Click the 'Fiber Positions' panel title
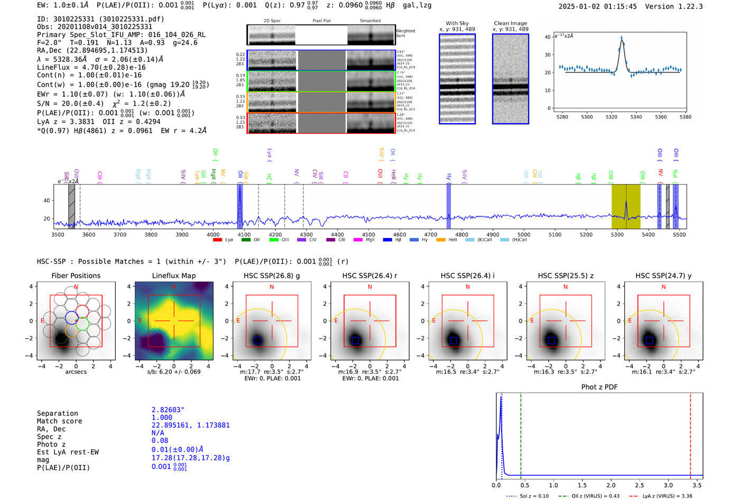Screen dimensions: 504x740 76,276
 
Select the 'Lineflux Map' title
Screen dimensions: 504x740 173,276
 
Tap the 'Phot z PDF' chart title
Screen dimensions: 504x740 599,387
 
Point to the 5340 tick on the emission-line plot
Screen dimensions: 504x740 636,117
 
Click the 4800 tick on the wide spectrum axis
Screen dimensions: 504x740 461,234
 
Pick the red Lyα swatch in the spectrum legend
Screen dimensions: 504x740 217,240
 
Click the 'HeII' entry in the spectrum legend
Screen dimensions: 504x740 452,240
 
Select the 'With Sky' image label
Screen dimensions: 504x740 457,23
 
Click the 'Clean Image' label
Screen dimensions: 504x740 510,23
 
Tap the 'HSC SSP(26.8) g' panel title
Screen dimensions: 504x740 272,276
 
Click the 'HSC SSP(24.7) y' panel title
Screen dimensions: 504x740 663,276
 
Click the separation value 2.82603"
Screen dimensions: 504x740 168,410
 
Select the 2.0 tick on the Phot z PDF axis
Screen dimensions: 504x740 611,485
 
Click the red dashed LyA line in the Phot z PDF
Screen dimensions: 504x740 690,434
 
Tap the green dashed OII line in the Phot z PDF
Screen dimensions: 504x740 521,434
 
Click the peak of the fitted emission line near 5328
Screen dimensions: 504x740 622,39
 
